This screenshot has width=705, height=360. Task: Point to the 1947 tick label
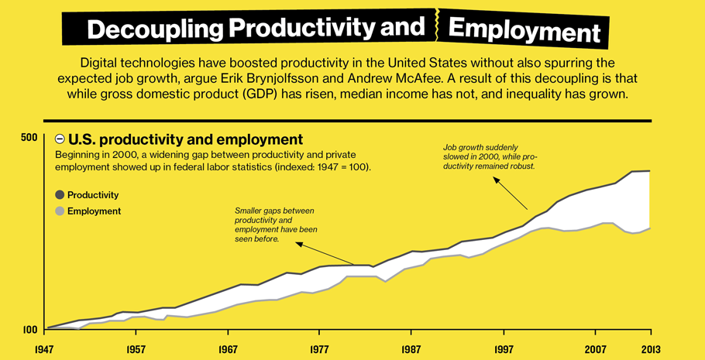click(x=47, y=349)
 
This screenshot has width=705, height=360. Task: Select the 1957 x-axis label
click(x=136, y=349)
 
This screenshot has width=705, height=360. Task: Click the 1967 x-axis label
click(x=228, y=349)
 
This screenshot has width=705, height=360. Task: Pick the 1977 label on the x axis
click(x=319, y=349)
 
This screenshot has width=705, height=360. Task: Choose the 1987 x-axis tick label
click(x=411, y=349)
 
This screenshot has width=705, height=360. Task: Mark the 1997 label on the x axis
click(x=504, y=349)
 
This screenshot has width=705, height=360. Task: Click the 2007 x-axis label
click(x=595, y=349)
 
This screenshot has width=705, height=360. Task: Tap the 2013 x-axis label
click(x=649, y=349)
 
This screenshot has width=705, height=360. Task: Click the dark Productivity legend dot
click(x=60, y=195)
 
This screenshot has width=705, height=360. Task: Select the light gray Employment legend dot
click(x=60, y=211)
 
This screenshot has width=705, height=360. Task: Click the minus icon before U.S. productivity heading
click(x=60, y=140)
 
